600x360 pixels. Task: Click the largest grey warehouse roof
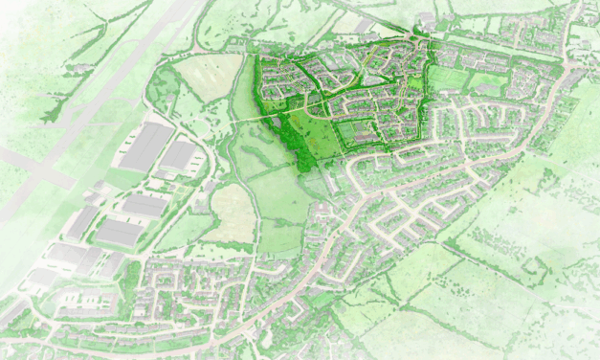[145, 147]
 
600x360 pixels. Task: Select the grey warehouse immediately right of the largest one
[181, 154]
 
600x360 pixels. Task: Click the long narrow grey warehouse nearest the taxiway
[80, 223]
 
